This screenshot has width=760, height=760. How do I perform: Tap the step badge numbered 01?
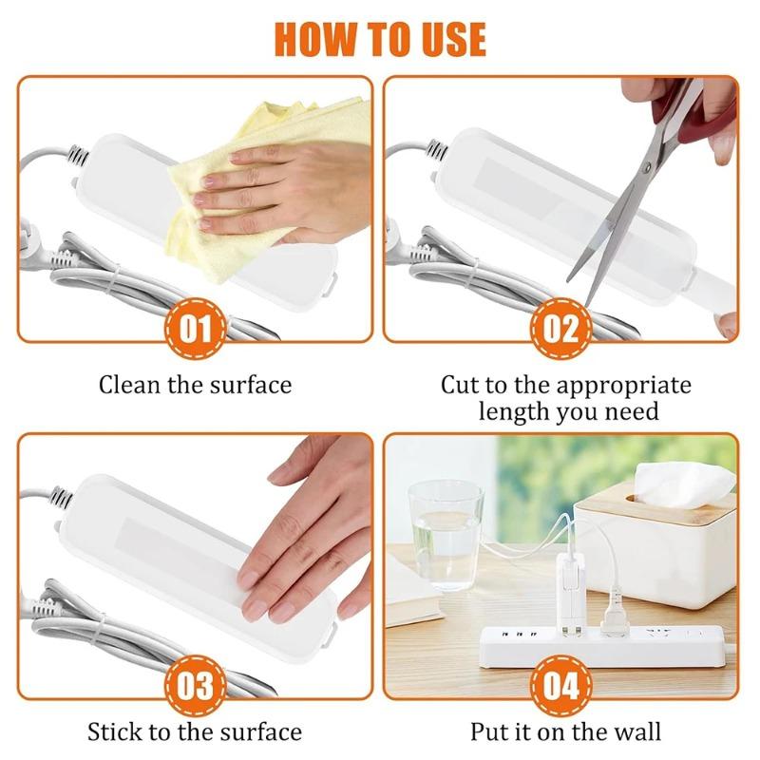195,331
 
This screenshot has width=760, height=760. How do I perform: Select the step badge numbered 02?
560,331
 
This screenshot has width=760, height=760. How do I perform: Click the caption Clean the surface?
195,385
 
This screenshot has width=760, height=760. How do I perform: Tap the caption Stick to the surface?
195,731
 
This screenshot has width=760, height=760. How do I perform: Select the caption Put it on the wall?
565,731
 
